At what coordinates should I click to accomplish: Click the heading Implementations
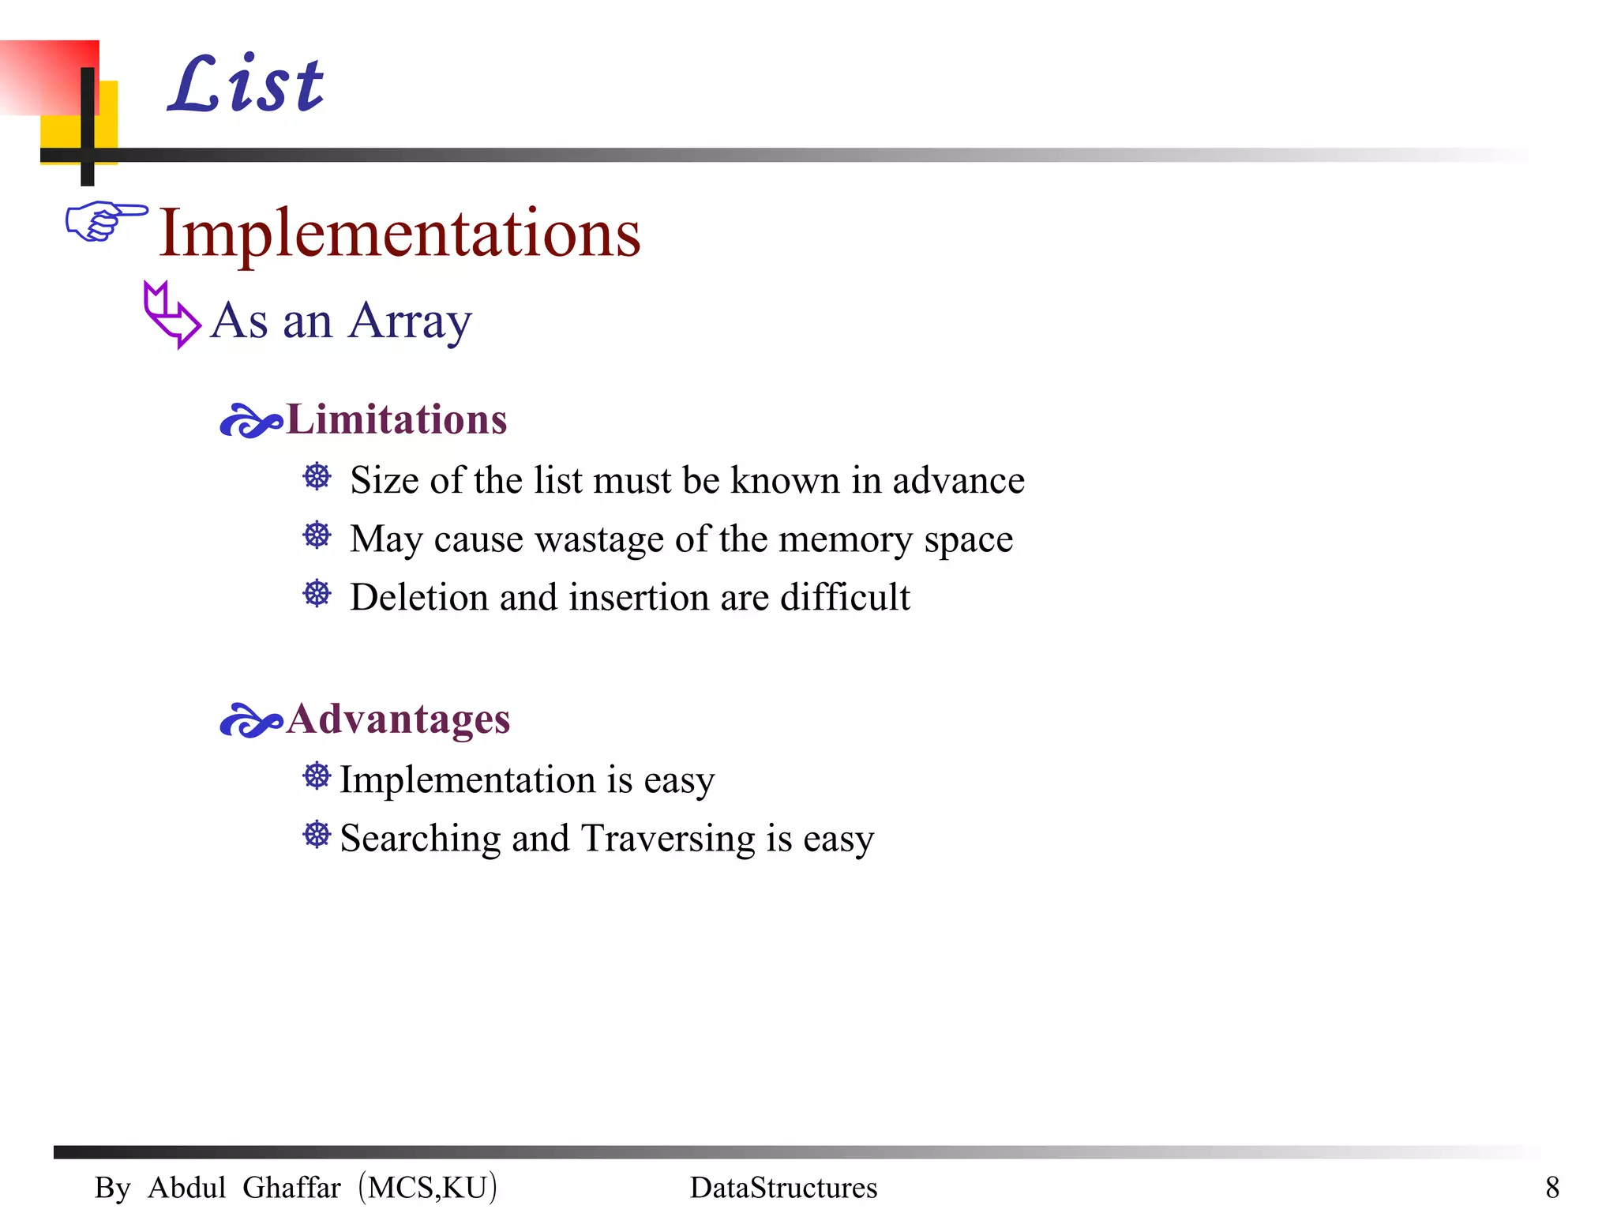(400, 233)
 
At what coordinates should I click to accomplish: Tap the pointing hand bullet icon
(106, 220)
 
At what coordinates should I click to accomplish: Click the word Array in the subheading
(410, 321)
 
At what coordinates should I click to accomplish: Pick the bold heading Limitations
(396, 419)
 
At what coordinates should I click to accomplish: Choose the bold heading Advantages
(398, 719)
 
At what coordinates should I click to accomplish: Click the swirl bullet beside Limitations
(250, 421)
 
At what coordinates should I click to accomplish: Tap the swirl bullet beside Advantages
(250, 720)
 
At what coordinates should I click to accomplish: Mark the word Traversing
(668, 838)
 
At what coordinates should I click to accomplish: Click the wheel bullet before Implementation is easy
(317, 776)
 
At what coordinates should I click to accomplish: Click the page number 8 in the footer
(1552, 1187)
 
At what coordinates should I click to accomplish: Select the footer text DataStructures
(783, 1188)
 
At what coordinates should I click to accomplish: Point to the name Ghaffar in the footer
(291, 1188)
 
